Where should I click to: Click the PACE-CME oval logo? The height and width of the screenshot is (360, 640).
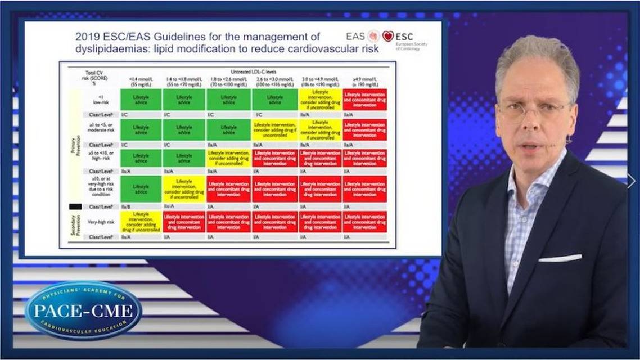[83, 310]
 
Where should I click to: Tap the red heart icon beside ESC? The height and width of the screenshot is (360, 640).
[388, 37]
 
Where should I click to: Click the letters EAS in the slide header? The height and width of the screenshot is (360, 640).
[355, 37]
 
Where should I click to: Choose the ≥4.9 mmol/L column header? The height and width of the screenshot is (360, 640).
[364, 81]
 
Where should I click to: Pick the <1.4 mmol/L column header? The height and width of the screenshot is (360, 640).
[140, 81]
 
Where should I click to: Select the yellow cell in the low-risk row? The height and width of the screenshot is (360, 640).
[320, 99]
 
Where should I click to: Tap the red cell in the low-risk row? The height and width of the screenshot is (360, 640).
[364, 99]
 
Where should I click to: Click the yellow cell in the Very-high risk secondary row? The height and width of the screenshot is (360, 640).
[140, 222]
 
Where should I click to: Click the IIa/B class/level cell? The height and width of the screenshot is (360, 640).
[126, 206]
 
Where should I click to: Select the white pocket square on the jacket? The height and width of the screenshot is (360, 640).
[560, 258]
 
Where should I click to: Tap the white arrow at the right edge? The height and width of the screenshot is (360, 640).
[631, 181]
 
